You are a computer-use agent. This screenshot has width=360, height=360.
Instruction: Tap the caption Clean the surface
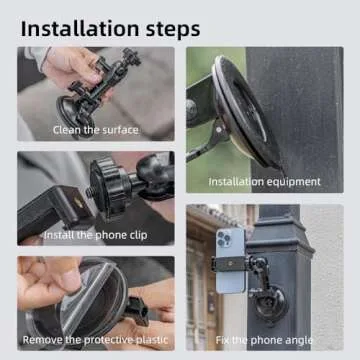click(95, 130)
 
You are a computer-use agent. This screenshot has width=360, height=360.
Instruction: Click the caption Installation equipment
click(264, 182)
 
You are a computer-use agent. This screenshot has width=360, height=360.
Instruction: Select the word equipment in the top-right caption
click(291, 182)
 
